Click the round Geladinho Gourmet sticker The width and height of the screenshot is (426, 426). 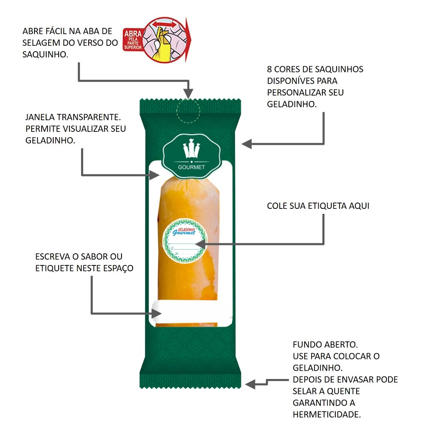pos(184,241)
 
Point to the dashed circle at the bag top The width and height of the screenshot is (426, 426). pos(188,111)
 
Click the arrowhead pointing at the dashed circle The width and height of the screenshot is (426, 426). pos(188,95)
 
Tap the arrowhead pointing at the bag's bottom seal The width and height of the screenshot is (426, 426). pos(250,384)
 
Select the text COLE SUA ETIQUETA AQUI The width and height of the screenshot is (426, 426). pos(318,206)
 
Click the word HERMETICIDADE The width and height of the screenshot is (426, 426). pos(326,414)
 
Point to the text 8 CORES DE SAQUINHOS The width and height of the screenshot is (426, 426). pos(315,69)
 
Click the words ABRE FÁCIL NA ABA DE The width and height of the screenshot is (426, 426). pos(67,31)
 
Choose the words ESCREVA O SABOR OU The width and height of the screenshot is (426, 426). pos(79,257)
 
